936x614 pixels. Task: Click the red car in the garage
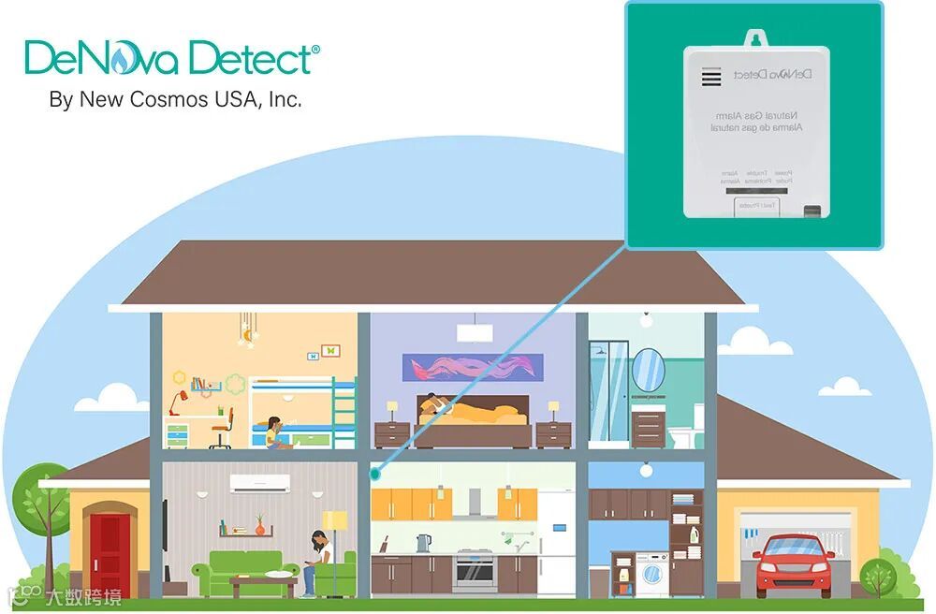794,565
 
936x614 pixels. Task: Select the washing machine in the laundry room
653,573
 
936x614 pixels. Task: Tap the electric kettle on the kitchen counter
423,543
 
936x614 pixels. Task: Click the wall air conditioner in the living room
260,484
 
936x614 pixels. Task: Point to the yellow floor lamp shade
334,521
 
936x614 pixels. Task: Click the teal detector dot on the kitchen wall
375,473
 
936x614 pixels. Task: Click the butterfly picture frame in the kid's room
329,351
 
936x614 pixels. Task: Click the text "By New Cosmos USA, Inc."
175,99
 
